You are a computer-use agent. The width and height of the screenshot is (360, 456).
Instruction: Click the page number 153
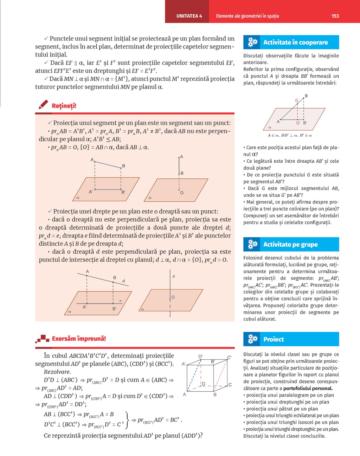click(x=335, y=16)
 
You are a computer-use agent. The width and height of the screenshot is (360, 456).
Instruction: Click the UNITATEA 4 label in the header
click(x=189, y=16)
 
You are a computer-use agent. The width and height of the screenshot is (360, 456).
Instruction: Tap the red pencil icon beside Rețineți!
click(x=43, y=105)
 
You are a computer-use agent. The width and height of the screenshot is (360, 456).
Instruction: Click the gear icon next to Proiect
click(x=252, y=339)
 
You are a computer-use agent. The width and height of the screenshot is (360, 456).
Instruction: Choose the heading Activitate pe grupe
click(x=290, y=245)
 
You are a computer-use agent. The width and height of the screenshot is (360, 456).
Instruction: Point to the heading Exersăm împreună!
click(x=79, y=339)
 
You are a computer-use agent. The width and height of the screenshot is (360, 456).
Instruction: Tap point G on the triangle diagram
click(x=297, y=101)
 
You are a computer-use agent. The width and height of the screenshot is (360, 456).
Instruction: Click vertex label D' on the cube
click(x=200, y=357)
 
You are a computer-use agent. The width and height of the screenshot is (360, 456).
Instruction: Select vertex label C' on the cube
click(x=229, y=358)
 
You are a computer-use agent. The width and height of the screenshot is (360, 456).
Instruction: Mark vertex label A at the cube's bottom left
click(x=184, y=395)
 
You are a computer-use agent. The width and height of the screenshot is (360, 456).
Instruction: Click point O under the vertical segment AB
click(x=182, y=193)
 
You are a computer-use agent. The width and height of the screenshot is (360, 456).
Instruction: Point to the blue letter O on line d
click(x=173, y=297)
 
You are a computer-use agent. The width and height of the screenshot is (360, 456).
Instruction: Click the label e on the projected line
click(x=121, y=301)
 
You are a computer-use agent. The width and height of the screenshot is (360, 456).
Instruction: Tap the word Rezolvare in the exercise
click(x=57, y=372)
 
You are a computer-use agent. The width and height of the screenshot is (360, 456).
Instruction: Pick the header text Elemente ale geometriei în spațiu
click(x=247, y=16)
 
